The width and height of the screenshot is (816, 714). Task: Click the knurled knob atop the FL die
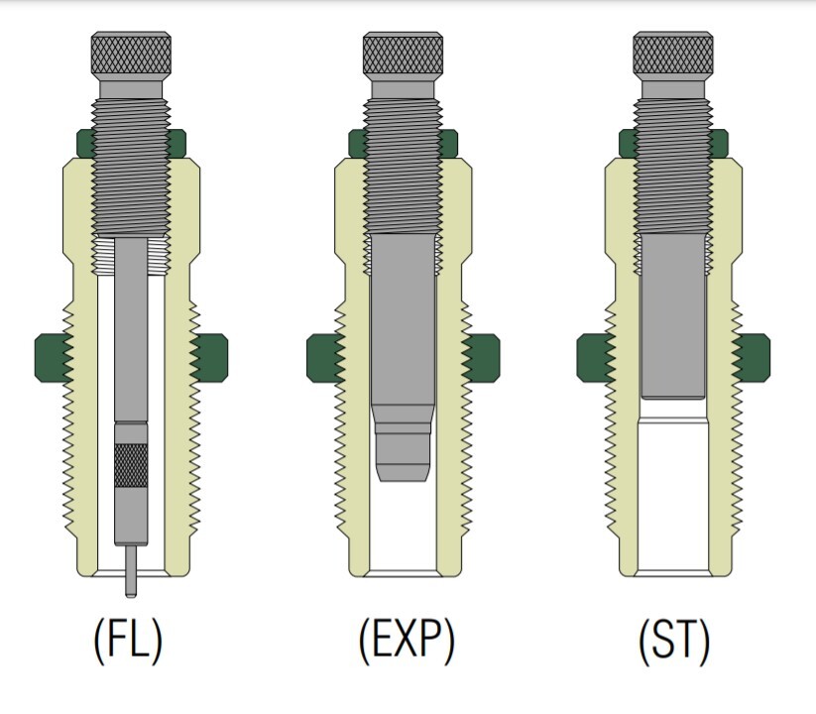pos(131,54)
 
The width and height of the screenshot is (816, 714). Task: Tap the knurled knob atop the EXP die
pos(403,54)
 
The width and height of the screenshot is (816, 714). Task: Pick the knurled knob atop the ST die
pos(673,54)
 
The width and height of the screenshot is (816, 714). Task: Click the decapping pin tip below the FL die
pos(131,571)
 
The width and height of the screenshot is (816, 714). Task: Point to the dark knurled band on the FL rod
pos(131,465)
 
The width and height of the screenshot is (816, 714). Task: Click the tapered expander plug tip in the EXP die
pos(403,442)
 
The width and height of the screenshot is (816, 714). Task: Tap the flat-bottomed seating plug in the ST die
pos(673,316)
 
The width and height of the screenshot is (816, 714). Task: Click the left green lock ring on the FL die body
pos(54,358)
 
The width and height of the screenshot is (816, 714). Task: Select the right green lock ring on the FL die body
pos(209,358)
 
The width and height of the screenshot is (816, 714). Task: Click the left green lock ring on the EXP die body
pos(325,358)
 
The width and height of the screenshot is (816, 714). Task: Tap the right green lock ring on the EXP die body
pos(481,358)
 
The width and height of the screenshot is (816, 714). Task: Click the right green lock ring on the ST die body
pos(751,358)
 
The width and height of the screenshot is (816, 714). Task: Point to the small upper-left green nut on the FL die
pos(85,144)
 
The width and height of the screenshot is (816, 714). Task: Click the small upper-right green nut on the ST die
pos(719,144)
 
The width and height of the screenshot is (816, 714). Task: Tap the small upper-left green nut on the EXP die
pos(357,144)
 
